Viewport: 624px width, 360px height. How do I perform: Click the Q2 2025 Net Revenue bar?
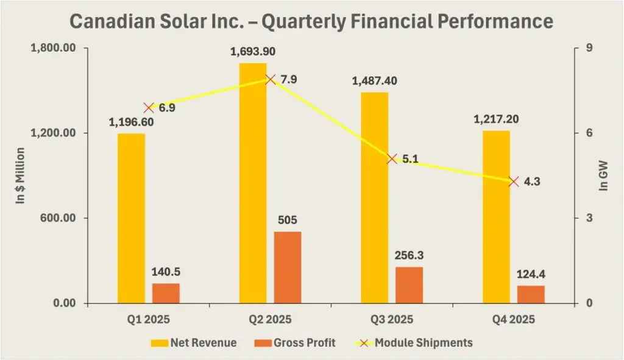(x=253, y=183)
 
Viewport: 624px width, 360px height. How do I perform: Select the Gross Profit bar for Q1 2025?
(x=166, y=293)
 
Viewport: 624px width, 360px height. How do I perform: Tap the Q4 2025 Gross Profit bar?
(x=531, y=294)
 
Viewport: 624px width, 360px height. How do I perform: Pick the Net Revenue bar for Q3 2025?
(x=374, y=198)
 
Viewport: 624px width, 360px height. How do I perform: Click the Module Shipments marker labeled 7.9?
(x=271, y=80)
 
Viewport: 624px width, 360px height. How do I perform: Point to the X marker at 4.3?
(x=514, y=182)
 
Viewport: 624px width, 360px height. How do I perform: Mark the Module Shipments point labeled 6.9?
(x=149, y=108)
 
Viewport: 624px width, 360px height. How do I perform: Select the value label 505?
(x=288, y=221)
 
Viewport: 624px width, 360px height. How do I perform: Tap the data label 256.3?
(x=409, y=256)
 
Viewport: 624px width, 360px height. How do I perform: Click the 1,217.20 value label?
(x=496, y=119)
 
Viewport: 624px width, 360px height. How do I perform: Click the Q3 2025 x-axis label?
(x=392, y=320)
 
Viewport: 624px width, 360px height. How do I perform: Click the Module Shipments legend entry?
(x=414, y=343)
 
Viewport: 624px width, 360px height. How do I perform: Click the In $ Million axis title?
(x=20, y=175)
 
